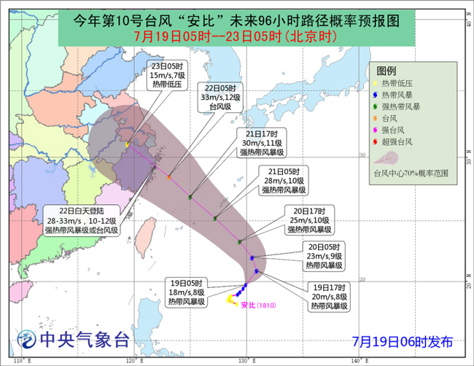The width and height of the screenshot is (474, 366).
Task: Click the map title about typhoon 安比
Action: click(238, 21)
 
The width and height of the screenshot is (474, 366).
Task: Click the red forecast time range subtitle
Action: click(238, 36)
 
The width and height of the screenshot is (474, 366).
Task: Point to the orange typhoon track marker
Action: click(169, 177)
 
